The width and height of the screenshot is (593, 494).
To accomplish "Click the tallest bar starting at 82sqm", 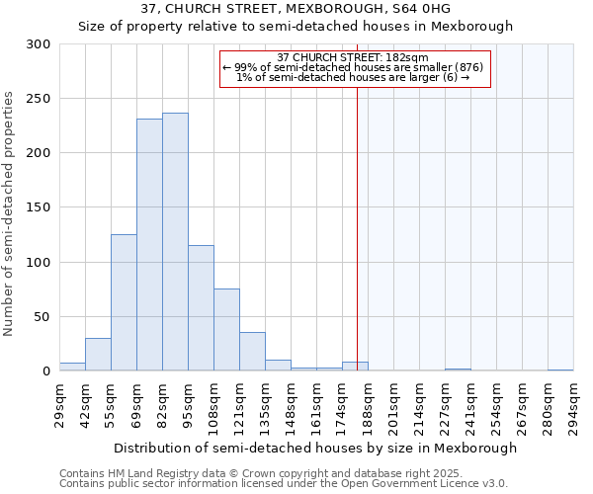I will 175,242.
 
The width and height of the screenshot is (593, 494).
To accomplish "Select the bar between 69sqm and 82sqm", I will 149,245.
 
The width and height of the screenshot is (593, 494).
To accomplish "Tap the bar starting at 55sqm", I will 124,302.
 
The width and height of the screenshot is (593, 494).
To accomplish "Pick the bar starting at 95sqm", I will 201,308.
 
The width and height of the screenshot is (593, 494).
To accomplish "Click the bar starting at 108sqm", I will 226,330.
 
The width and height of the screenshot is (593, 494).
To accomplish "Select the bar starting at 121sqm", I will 252,352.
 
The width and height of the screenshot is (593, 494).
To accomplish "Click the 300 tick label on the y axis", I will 39,44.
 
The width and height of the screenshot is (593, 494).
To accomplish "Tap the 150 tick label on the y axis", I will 39,208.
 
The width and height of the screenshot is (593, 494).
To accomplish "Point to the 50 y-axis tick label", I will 42,317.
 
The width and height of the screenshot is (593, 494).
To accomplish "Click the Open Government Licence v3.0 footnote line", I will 284,484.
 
